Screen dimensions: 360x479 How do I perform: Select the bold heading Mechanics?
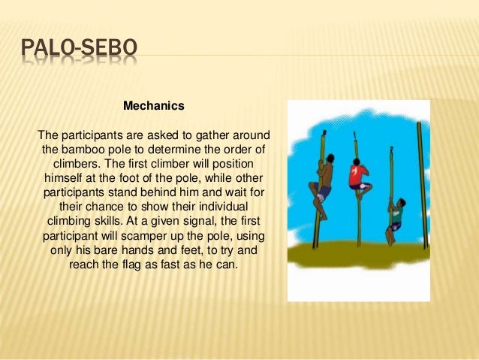(153, 107)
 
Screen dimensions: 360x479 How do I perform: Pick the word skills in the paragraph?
(111, 221)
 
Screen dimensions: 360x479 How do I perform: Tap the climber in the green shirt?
(396, 213)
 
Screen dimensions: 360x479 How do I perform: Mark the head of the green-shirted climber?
(399, 201)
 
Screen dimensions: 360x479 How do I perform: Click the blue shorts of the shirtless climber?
(324, 193)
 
